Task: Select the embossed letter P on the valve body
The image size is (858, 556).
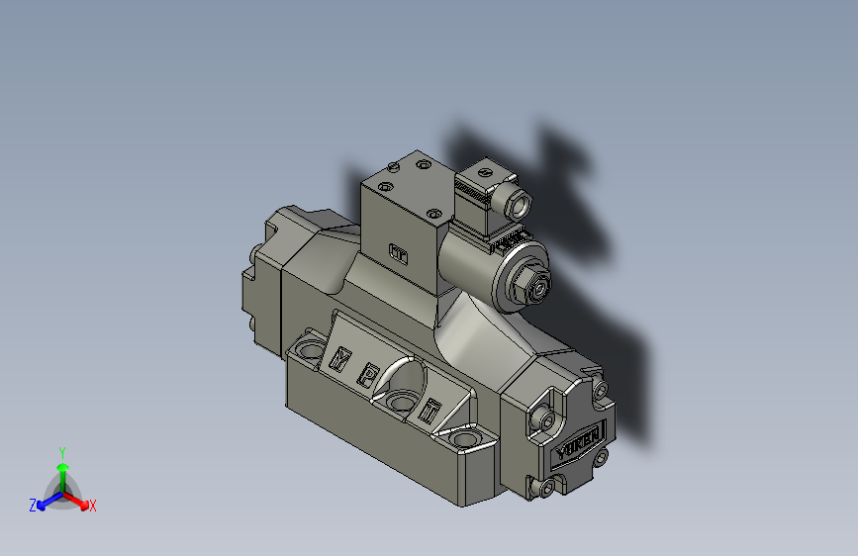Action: pos(367,374)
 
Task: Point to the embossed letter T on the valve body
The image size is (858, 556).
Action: pos(428,410)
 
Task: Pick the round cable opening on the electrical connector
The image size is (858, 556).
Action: pos(519,205)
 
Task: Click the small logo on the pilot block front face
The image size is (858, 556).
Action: pos(398,255)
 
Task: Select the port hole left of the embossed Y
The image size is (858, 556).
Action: pos(310,349)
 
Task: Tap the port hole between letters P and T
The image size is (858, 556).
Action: pos(401,401)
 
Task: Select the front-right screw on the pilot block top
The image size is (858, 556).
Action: pos(432,212)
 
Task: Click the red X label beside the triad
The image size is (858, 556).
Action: pos(93,507)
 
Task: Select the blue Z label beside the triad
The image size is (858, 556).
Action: pos(33,506)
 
